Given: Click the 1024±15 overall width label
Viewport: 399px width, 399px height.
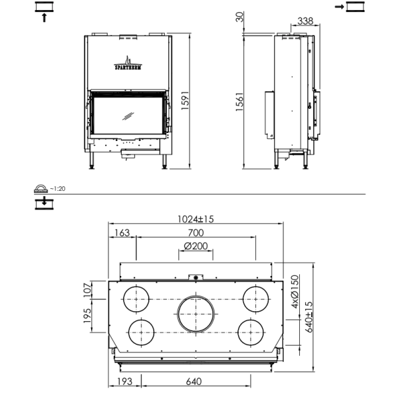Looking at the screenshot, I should pos(196,219).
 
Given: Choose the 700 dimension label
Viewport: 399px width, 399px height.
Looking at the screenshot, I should pos(196,233).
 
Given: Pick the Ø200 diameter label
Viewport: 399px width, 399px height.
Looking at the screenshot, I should pos(196,246).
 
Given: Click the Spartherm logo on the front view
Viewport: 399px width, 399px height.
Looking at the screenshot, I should pos(126,63).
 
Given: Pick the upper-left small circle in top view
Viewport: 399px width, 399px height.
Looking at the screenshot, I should pos(138,299).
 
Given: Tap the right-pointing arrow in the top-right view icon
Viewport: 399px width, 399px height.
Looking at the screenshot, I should pos(339,7).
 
